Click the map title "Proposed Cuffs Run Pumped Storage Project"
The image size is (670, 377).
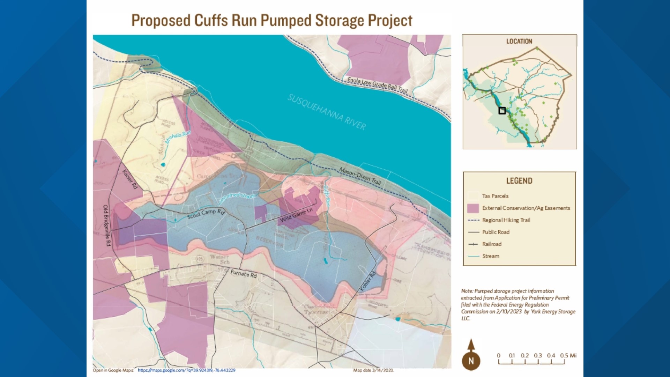pyautogui.click(x=271, y=21)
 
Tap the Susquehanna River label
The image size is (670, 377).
pyautogui.click(x=327, y=112)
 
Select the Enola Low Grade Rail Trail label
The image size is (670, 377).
pyautogui.click(x=377, y=85)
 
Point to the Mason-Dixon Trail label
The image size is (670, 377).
pyautogui.click(x=360, y=176)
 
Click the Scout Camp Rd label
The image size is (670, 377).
pyautogui.click(x=206, y=214)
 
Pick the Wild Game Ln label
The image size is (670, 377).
pyautogui.click(x=296, y=215)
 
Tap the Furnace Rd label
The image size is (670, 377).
pyautogui.click(x=244, y=274)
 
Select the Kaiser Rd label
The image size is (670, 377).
pyautogui.click(x=130, y=179)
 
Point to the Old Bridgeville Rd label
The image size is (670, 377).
pyautogui.click(x=107, y=226)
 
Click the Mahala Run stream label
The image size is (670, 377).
pyautogui.click(x=178, y=137)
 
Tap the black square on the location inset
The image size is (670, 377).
pyautogui.click(x=502, y=111)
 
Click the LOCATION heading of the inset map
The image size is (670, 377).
pyautogui.click(x=519, y=41)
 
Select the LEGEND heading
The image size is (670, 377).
pyautogui.click(x=519, y=181)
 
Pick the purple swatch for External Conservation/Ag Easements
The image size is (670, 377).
pyautogui.click(x=473, y=208)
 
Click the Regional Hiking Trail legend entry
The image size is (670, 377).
pyautogui.click(x=506, y=220)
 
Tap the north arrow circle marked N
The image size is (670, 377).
pyautogui.click(x=471, y=361)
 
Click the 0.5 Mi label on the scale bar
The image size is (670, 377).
pyautogui.click(x=568, y=355)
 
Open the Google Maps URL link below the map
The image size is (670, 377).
pyautogui.click(x=186, y=370)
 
